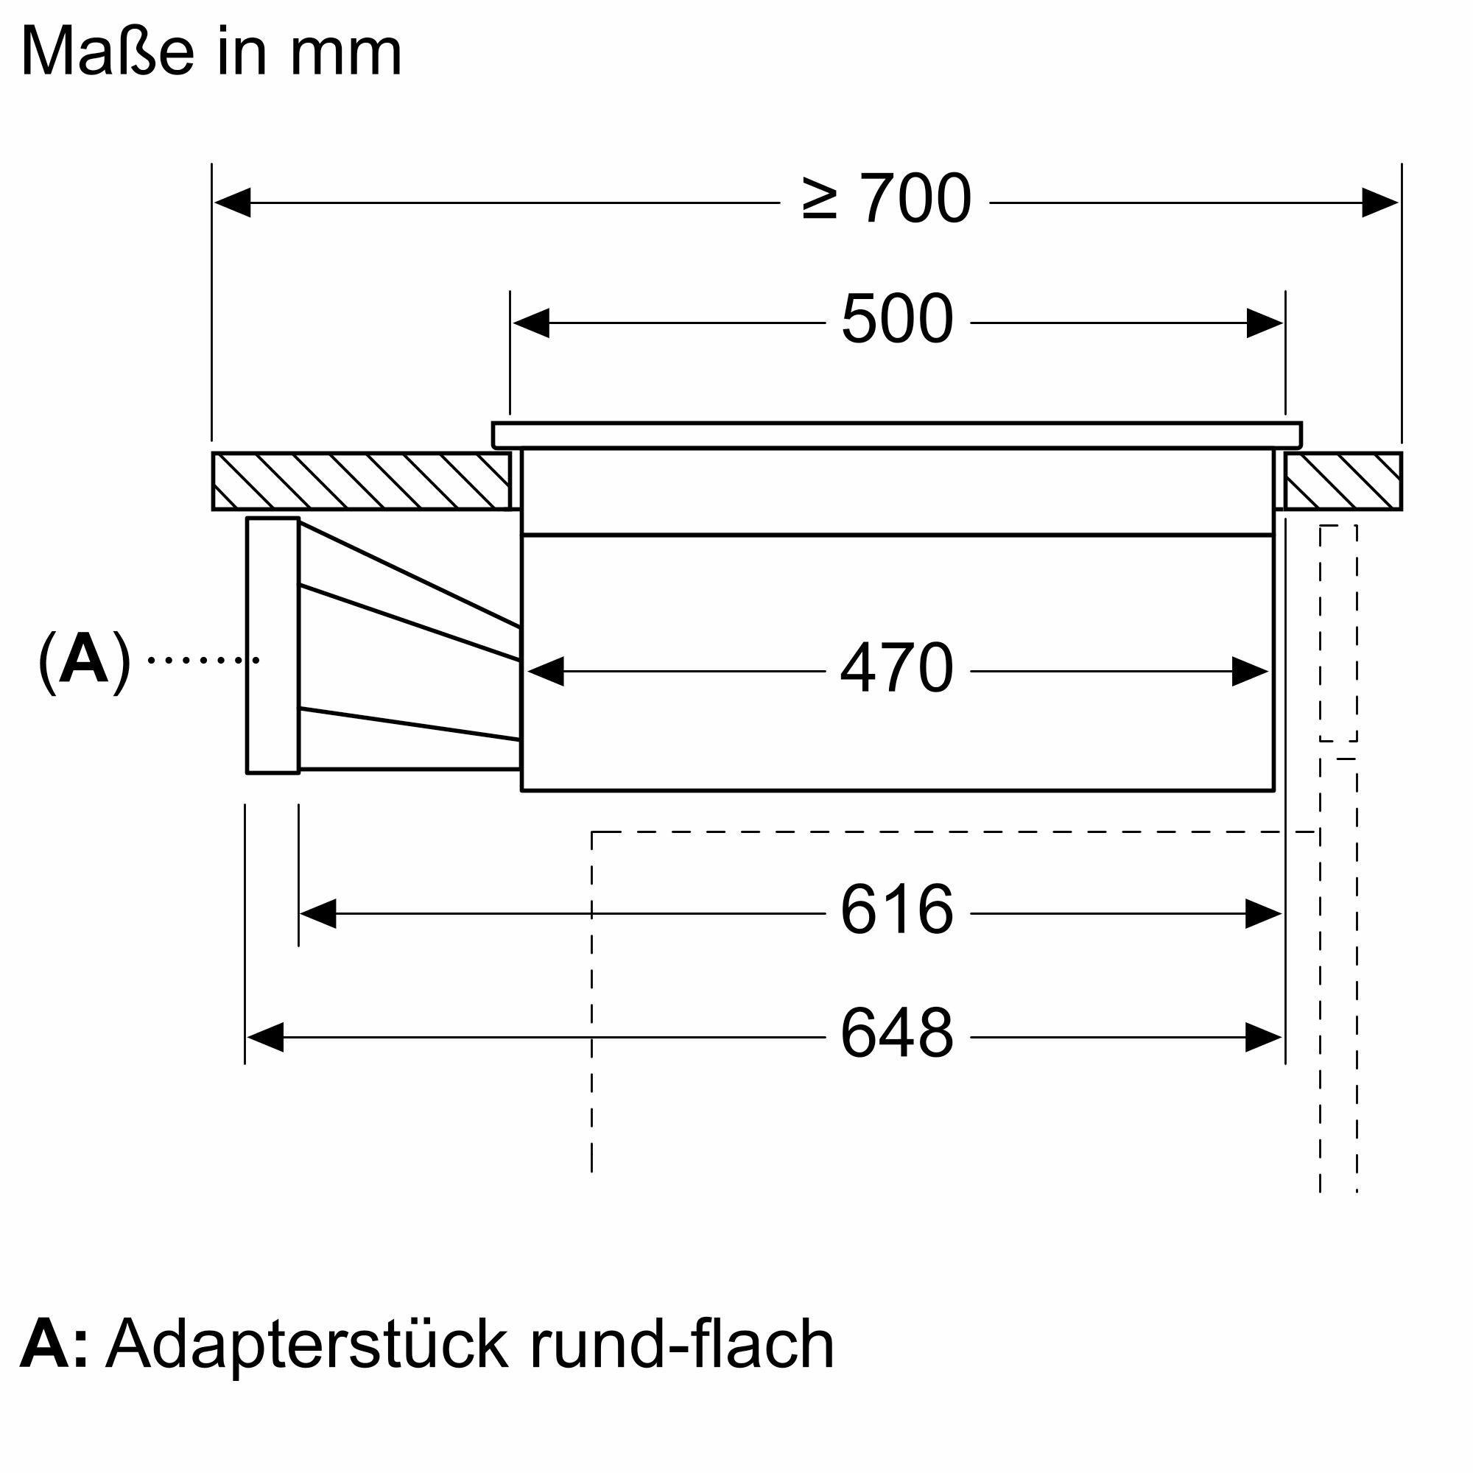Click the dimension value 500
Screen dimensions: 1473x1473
pyautogui.click(x=896, y=320)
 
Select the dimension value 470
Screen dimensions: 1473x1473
pyautogui.click(x=896, y=668)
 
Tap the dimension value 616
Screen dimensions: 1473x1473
pyautogui.click(x=896, y=910)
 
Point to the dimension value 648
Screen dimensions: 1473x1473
pyautogui.click(x=896, y=1034)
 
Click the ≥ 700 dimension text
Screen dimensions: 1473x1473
pyautogui.click(x=887, y=199)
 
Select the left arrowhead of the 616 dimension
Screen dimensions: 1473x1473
pyautogui.click(x=319, y=913)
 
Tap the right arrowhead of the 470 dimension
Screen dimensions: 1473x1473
pyautogui.click(x=1250, y=672)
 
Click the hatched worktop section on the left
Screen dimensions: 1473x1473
pyautogui.click(x=361, y=481)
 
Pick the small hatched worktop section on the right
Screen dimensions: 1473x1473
pyautogui.click(x=1343, y=481)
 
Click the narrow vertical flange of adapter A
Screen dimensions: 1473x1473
pyautogui.click(x=273, y=646)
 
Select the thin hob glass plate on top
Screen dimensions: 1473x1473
pyautogui.click(x=896, y=435)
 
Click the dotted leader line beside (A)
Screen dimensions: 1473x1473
pyautogui.click(x=203, y=660)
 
